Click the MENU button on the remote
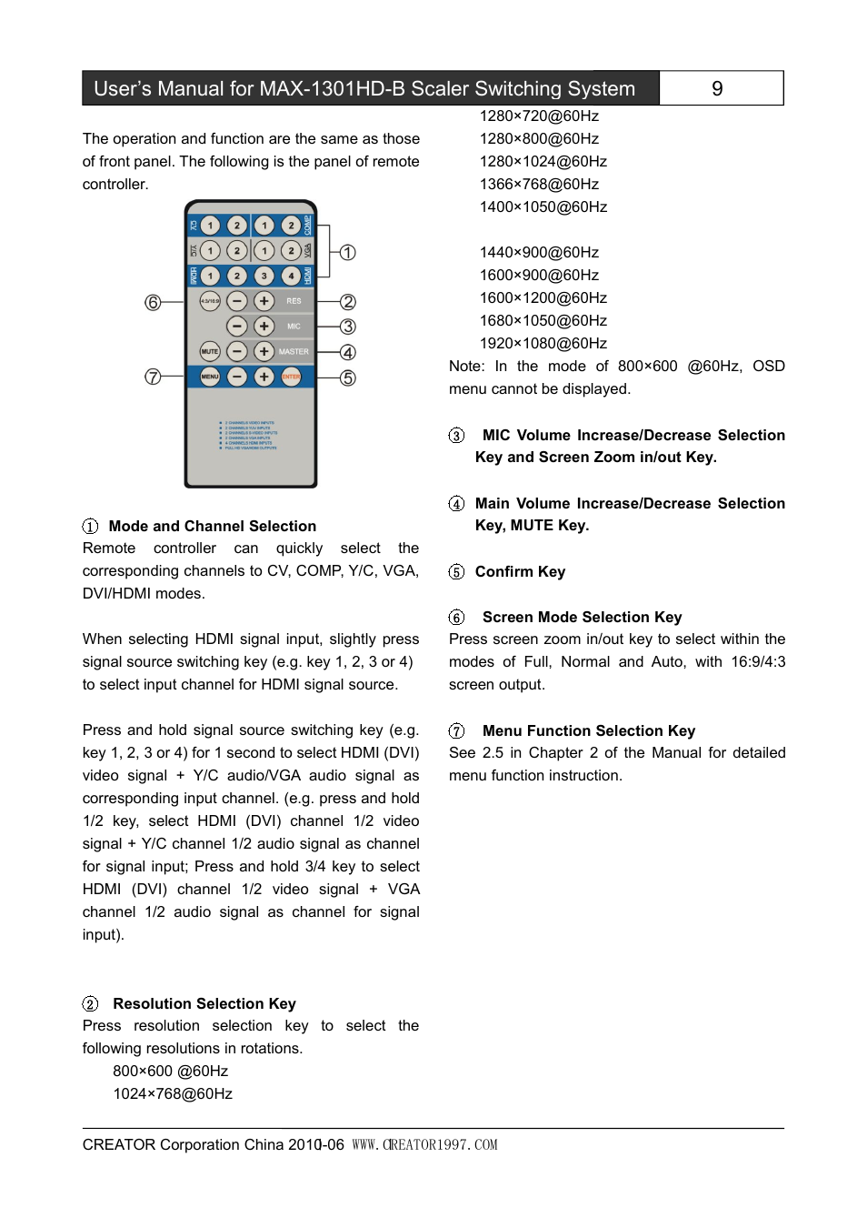[x=210, y=377]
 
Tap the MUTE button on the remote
[x=210, y=351]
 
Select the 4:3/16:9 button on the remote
[x=210, y=301]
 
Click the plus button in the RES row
[x=264, y=301]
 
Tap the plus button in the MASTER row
[x=264, y=351]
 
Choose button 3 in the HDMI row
[x=264, y=276]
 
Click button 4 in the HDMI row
[x=291, y=276]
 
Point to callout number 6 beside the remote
[x=153, y=302]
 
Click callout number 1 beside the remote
[x=348, y=252]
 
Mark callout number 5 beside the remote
[x=348, y=377]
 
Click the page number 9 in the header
[x=717, y=88]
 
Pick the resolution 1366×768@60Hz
[x=539, y=184]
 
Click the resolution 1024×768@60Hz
[x=173, y=1093]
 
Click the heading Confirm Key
[x=520, y=571]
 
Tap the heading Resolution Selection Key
[x=204, y=1003]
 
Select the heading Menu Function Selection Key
[x=588, y=730]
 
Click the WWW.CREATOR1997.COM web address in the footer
[x=424, y=1144]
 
